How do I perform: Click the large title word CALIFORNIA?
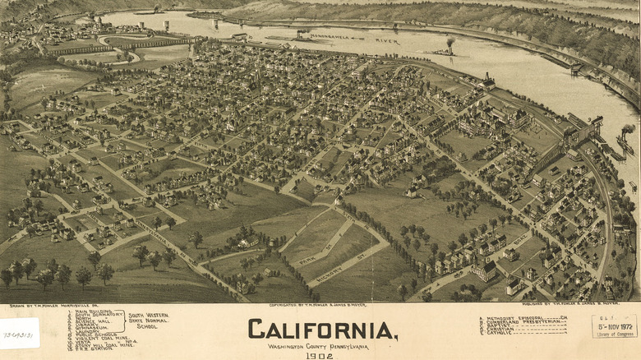point(322,330)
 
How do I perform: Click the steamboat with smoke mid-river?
point(446,51)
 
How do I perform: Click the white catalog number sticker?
point(19,333)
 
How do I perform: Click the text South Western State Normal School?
point(149,321)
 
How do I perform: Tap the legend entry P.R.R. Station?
point(95,348)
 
